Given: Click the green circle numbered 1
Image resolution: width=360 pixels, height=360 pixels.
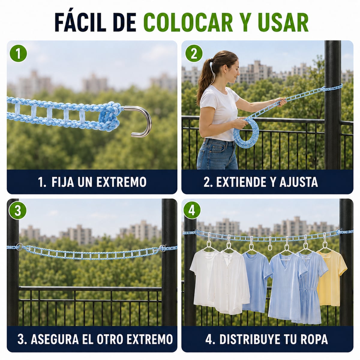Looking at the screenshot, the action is (18, 53).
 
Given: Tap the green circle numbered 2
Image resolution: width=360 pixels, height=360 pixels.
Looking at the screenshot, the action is (194, 53).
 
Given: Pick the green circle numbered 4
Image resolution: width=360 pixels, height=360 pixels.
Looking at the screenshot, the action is (192, 210).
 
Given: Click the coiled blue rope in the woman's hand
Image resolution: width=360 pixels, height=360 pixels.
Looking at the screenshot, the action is (246, 133).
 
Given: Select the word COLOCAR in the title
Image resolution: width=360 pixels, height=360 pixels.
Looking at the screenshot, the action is (188, 22).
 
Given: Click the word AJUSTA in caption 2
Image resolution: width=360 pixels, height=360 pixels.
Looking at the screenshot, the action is (299, 182).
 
